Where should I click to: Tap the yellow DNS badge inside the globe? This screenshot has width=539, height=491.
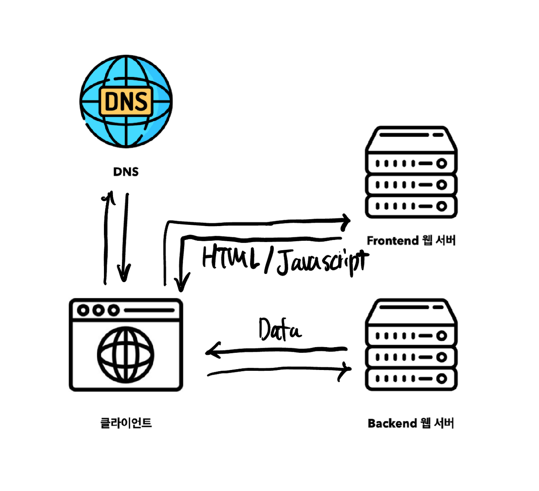126,102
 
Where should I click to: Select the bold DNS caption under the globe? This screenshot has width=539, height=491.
126,172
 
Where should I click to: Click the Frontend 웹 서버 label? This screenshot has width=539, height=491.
411,240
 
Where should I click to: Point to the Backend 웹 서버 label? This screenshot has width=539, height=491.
411,423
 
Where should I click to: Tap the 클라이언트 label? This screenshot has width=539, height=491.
126,423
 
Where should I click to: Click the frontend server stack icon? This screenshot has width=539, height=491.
411,172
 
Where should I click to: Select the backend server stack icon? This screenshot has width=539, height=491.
411,345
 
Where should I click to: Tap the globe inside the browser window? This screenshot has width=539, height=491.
125,354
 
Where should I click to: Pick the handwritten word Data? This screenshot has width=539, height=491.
279,331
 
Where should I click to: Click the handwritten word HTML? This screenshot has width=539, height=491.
231,258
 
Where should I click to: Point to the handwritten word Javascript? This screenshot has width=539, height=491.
323,261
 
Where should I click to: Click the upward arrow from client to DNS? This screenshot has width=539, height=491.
106,237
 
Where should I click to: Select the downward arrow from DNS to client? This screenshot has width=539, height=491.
125,237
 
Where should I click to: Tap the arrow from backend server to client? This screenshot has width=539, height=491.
276,351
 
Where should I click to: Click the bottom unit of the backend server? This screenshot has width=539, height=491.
411,379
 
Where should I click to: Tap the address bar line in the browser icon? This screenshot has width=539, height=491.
149,310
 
